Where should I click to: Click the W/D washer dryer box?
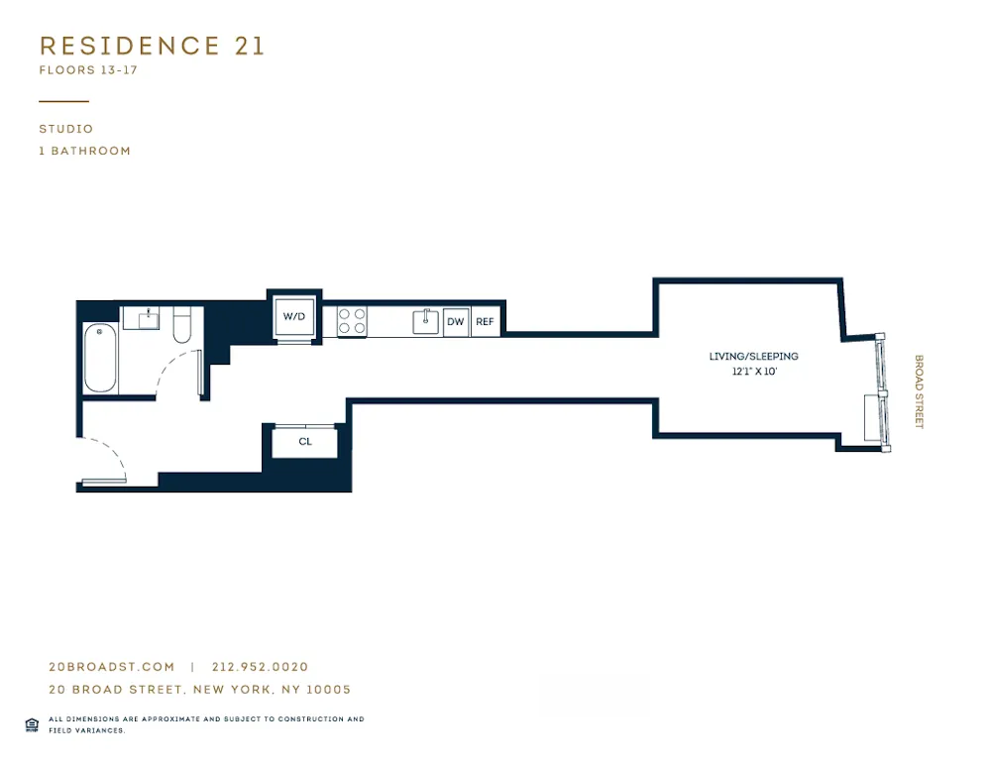tap(294, 317)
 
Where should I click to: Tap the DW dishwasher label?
tap(456, 322)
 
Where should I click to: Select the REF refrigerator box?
tap(485, 322)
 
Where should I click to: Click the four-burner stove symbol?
tap(352, 321)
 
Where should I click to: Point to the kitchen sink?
tap(426, 321)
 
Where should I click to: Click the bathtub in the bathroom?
tap(100, 358)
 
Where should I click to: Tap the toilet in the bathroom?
tap(182, 325)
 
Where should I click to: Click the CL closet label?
tap(305, 442)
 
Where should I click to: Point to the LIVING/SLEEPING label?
tap(753, 357)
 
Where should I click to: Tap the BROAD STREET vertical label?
tap(919, 391)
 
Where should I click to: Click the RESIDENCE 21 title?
tap(152, 46)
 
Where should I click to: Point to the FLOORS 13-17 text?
tap(87, 70)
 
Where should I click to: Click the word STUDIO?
tap(66, 129)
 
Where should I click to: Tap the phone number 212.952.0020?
tap(260, 667)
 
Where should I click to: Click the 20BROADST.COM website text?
tap(111, 667)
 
